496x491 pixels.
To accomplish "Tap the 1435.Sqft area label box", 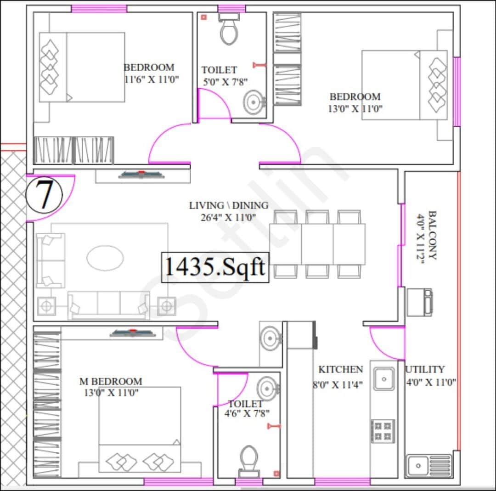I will tap(215, 266).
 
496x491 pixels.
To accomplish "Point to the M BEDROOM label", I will tap(111, 382).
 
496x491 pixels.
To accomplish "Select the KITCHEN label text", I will tap(340, 370).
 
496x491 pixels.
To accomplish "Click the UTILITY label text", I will tap(425, 369).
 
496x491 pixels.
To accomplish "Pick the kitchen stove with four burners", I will tap(383, 431).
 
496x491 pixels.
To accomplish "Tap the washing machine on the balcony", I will tap(419, 302).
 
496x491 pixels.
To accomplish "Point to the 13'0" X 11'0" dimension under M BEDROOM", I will tap(111, 393).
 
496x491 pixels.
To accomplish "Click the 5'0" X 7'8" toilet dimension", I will tap(225, 82).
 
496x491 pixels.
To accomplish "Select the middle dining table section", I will tap(317, 244).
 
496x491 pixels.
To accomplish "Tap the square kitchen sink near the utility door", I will tap(383, 379).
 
